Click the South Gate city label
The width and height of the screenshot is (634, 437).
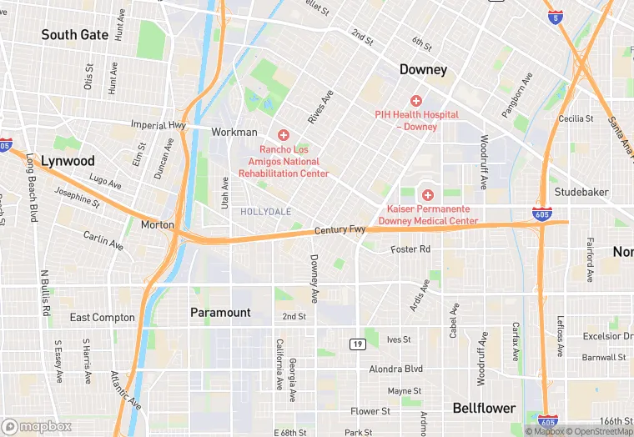(x=75, y=35)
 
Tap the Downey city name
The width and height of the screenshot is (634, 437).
(x=423, y=69)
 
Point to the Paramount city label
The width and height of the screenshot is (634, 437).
(x=220, y=313)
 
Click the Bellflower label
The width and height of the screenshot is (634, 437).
(x=484, y=408)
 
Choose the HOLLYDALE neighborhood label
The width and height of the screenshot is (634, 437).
(x=266, y=212)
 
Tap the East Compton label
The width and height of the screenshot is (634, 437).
(x=103, y=318)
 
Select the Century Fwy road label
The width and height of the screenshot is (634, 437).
(x=340, y=229)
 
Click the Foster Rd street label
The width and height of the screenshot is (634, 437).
(x=410, y=249)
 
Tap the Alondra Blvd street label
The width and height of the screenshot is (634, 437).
(x=396, y=369)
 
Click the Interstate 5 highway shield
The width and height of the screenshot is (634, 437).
(x=556, y=17)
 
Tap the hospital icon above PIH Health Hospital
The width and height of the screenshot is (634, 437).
(x=416, y=101)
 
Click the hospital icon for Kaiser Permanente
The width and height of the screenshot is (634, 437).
(x=428, y=194)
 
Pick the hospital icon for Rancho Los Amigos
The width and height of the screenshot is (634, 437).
(x=283, y=134)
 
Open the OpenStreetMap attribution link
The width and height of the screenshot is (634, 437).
(x=598, y=431)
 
